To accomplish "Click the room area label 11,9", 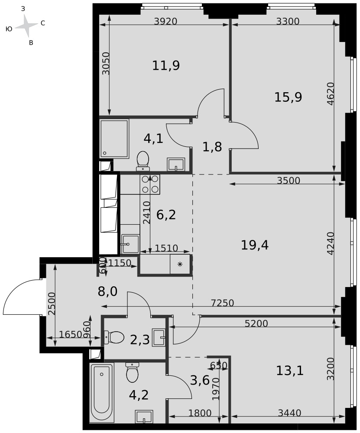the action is [166, 66].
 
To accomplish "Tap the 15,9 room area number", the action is [288, 97].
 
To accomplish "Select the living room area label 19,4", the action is [255, 245].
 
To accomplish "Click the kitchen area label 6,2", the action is [166, 215].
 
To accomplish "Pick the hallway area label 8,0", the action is [108, 291].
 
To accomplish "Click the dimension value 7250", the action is [222, 303].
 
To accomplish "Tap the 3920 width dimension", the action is [165, 21].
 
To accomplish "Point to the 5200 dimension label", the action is [256, 323].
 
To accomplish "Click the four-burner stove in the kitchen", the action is [150, 184].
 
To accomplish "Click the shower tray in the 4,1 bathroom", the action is [114, 139].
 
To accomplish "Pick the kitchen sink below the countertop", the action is [130, 244].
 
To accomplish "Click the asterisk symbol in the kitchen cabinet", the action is [180, 264].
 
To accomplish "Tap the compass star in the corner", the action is [26, 26].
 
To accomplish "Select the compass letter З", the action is [23, 9].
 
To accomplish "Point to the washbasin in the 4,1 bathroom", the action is [176, 165].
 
